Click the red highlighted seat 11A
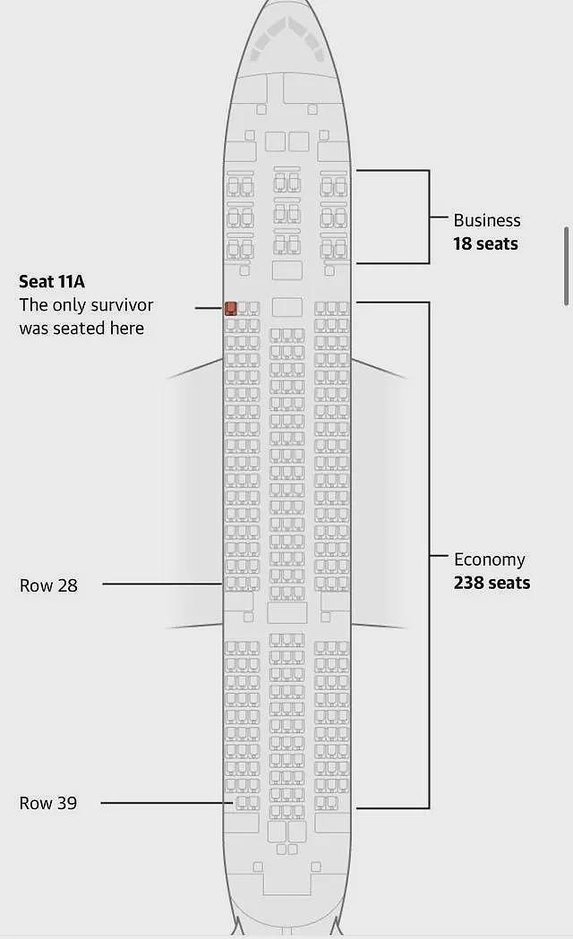[230, 309]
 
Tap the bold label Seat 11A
[52, 281]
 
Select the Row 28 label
[48, 585]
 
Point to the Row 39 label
[48, 803]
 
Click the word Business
[487, 220]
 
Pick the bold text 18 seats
[485, 243]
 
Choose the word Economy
[489, 560]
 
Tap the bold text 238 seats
[492, 583]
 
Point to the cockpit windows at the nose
[287, 37]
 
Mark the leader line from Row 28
[163, 584]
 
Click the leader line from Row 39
[167, 802]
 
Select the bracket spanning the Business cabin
[429, 217]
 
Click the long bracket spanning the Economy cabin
[429, 555]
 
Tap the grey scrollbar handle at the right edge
[566, 267]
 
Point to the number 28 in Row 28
[67, 585]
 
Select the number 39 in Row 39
[66, 803]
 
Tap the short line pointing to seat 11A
[210, 309]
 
